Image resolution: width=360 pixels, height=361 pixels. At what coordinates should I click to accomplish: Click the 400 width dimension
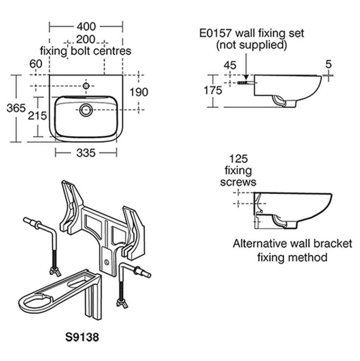(86, 26)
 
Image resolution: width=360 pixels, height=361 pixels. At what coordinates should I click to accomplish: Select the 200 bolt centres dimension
(85, 39)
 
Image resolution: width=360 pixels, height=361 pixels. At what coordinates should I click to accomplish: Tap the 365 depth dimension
(16, 108)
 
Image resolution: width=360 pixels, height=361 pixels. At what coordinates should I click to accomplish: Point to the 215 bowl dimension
(37, 116)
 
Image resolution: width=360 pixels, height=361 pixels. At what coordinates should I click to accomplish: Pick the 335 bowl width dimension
(86, 153)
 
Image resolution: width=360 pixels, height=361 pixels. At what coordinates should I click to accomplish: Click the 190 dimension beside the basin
(139, 92)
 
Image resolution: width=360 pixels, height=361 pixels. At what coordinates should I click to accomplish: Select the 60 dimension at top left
(36, 64)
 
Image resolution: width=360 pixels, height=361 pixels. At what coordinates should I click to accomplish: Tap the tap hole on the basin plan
(86, 86)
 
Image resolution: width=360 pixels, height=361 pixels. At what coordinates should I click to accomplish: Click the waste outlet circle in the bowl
(86, 110)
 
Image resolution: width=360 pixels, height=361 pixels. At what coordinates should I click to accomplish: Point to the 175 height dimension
(213, 90)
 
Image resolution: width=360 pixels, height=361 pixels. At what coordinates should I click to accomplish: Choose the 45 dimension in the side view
(230, 66)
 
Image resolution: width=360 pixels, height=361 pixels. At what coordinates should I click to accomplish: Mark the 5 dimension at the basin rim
(328, 64)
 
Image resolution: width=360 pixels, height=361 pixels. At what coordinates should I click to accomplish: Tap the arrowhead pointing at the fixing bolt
(246, 77)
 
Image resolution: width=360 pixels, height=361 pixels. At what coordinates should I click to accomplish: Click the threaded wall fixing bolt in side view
(242, 83)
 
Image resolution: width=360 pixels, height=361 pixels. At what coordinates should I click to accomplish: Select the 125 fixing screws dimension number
(238, 159)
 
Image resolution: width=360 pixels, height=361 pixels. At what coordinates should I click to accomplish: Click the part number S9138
(82, 337)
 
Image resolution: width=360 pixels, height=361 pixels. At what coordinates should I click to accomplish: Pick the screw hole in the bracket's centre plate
(106, 262)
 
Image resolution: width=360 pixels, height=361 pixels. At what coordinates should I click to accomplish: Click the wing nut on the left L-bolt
(55, 271)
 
